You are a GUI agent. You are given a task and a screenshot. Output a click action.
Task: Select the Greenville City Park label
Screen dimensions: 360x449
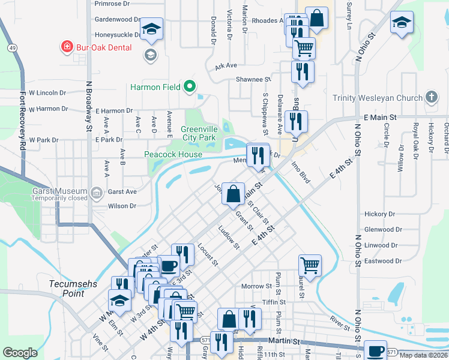198,133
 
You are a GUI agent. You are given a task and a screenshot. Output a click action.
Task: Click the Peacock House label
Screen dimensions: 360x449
173,154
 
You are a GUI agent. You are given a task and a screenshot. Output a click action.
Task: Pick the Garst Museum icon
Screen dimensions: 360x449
97,192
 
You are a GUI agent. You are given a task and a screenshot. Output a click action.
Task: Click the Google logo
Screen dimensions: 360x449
20,353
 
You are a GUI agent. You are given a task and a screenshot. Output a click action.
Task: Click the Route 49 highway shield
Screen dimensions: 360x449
12,47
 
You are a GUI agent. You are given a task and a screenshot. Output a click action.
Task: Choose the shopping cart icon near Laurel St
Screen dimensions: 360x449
310,265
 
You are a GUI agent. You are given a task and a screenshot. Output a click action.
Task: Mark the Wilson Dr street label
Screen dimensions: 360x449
122,206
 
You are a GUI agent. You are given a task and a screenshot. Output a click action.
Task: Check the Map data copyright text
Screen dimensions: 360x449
423,355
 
